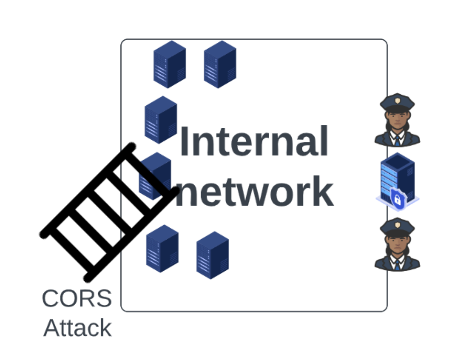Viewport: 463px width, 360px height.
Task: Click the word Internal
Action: (x=254, y=141)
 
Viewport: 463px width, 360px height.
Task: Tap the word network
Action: (x=255, y=191)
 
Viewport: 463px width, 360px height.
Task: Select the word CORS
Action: (x=77, y=299)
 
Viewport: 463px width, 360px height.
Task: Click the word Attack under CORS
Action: (x=77, y=328)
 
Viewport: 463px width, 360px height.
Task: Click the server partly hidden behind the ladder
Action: (x=155, y=176)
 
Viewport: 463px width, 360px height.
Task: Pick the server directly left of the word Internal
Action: (x=161, y=120)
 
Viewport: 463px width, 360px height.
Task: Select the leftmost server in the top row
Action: (x=170, y=64)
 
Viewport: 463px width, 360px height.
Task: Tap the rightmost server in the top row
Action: (x=220, y=64)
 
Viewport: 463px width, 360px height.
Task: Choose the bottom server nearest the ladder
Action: (x=162, y=249)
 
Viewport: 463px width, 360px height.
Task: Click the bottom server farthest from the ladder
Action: (x=212, y=255)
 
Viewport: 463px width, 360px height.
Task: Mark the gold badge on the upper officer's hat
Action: (x=397, y=101)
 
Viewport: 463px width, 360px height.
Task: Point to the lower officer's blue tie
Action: (x=397, y=264)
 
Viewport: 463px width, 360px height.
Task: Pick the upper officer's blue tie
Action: (x=397, y=141)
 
